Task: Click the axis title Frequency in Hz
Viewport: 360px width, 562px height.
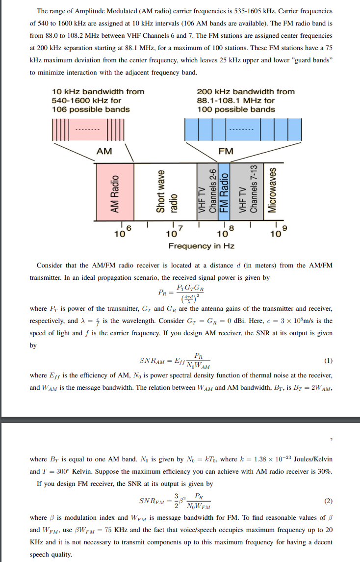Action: point(201,245)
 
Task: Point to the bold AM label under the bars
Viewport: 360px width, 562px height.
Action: point(104,151)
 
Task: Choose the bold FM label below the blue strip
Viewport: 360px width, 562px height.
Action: point(226,151)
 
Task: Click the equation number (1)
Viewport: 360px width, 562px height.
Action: point(329,361)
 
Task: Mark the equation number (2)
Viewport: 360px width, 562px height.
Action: point(329,501)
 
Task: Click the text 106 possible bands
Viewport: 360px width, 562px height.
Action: point(91,109)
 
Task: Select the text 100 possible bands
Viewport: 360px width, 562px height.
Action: point(236,109)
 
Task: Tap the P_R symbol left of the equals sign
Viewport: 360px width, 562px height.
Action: point(164,293)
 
